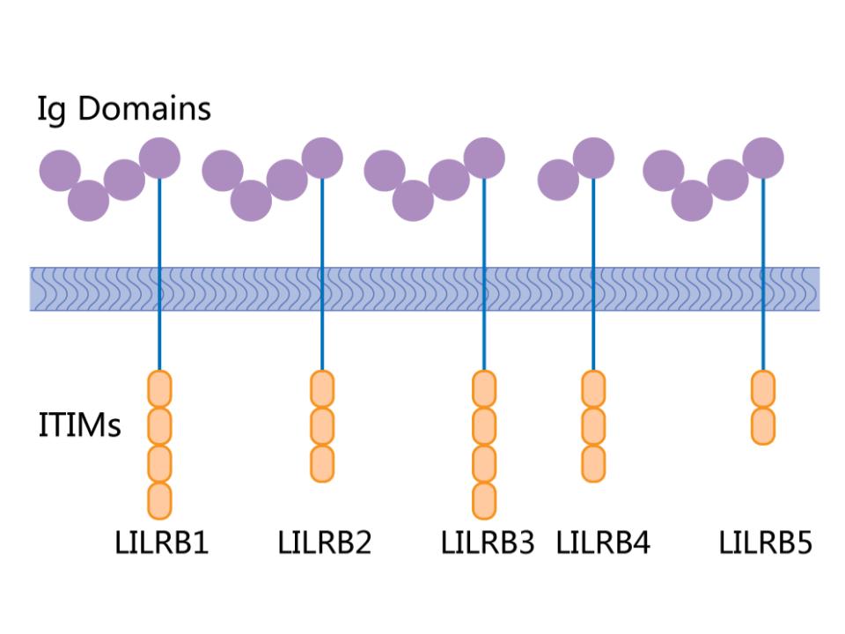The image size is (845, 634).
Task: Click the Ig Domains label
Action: point(124,110)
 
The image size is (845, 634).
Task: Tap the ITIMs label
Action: point(80,426)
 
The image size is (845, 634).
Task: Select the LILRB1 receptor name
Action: point(162,542)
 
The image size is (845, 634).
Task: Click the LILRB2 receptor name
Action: point(325,542)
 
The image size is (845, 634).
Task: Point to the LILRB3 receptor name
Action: point(488,542)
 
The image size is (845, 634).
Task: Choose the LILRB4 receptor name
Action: point(603,542)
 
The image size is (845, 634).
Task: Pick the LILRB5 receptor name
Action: point(765,542)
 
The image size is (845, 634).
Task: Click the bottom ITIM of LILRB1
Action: point(159,500)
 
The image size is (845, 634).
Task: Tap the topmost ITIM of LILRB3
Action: point(484,388)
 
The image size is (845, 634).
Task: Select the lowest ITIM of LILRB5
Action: point(763,426)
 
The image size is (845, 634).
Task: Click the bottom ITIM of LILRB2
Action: point(322,463)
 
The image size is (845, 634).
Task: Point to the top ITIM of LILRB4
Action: point(594,388)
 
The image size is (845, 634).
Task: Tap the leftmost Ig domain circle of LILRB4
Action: point(558,181)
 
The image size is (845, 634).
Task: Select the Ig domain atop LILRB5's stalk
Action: point(763,158)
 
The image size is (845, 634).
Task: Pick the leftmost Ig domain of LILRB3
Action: point(385,171)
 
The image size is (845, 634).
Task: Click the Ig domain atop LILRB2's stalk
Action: point(322,158)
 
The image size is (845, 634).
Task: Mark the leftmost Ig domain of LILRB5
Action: point(664,171)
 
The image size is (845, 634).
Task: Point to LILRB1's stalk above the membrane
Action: point(159,220)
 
